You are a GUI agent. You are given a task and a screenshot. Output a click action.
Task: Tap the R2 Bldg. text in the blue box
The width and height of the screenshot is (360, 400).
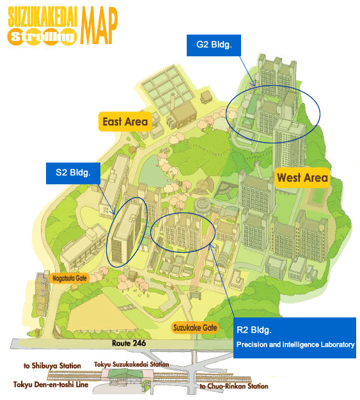(x=254, y=331)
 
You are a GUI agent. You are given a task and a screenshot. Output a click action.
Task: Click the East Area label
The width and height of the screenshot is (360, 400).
(x=125, y=122)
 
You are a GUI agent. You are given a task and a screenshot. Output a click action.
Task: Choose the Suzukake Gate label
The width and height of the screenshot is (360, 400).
(x=195, y=328)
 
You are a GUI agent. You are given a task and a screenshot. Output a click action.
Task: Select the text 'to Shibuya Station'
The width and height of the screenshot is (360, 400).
(x=52, y=366)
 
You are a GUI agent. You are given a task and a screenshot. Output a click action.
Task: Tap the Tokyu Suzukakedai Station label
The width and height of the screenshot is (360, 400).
(x=132, y=364)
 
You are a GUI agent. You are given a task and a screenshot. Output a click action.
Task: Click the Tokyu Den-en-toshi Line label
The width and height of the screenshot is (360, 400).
(x=52, y=385)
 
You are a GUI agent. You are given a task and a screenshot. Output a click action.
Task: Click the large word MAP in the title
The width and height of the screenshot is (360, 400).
(x=100, y=24)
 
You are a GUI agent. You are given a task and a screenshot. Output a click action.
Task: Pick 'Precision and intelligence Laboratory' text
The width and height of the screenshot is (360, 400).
(x=295, y=345)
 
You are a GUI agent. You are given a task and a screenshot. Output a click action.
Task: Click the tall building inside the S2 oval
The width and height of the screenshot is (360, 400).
(x=125, y=234)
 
